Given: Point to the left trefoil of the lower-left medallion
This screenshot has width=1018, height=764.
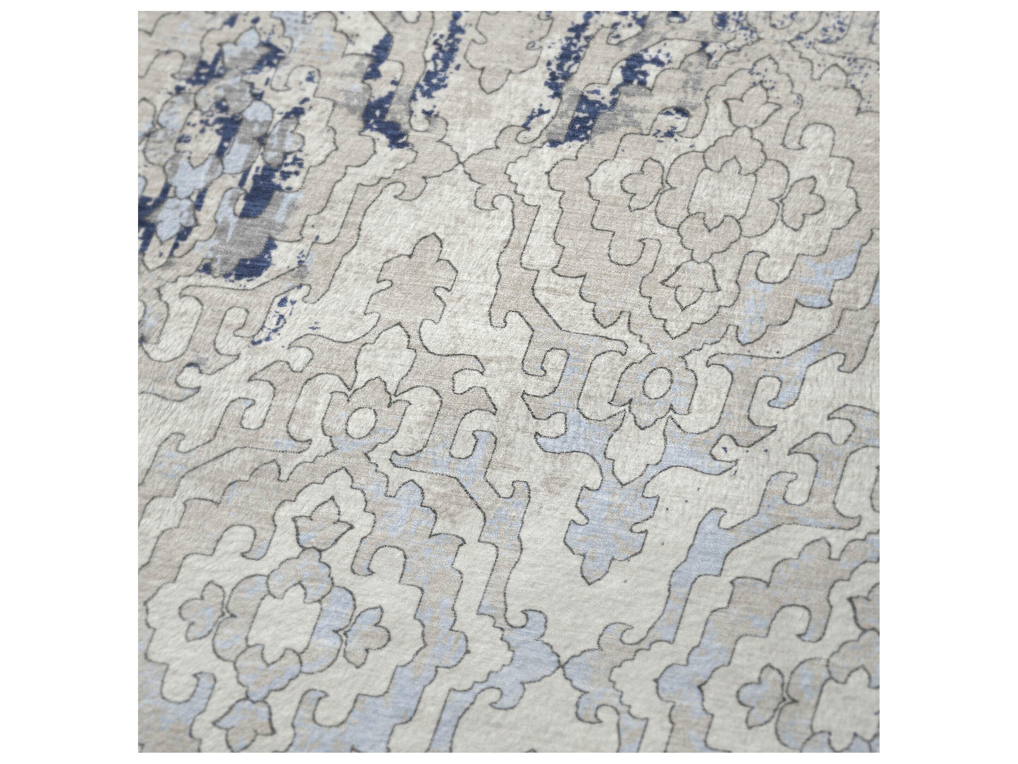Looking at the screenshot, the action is [x=202, y=612].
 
